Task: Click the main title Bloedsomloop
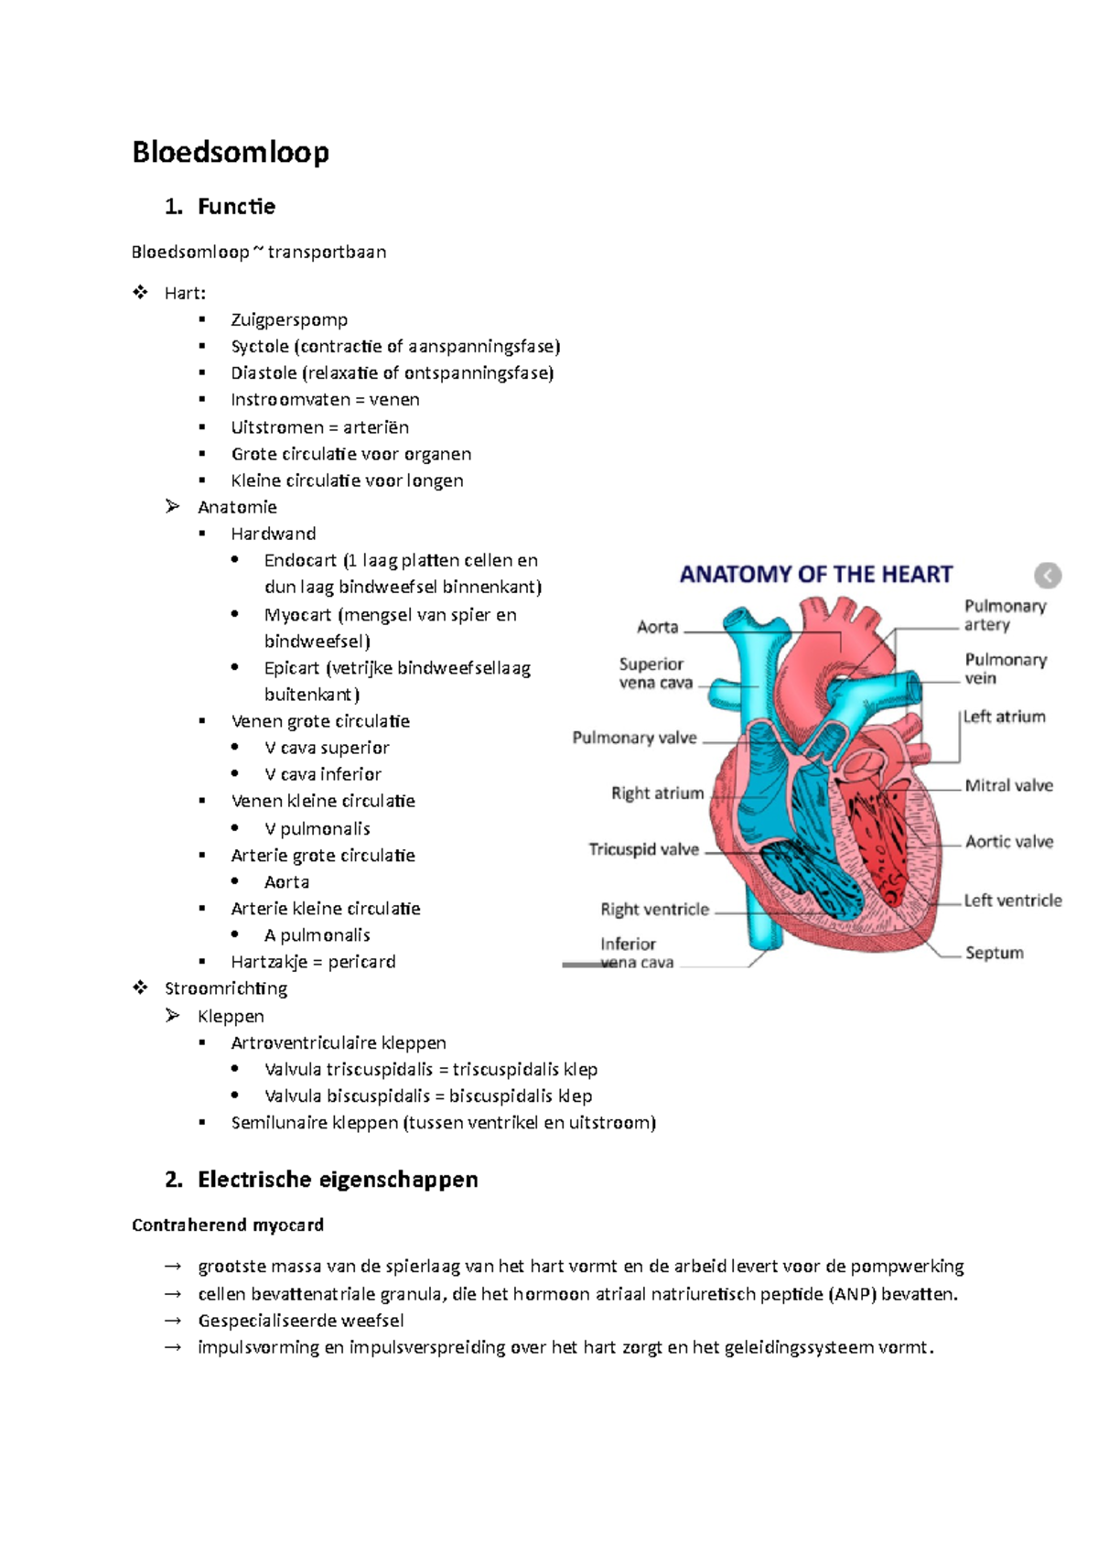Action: [231, 152]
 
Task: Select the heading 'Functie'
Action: [236, 207]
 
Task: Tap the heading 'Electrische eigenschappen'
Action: [338, 1180]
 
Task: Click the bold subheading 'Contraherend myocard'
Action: [228, 1225]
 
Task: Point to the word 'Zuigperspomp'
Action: [289, 319]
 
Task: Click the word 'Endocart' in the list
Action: [300, 560]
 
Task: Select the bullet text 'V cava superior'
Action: [327, 748]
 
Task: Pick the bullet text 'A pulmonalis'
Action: [317, 934]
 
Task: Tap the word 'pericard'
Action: [361, 961]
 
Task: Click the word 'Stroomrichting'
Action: [226, 988]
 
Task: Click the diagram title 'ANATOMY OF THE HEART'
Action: [816, 575]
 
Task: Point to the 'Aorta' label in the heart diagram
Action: [658, 627]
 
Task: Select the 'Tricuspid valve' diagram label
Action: [644, 849]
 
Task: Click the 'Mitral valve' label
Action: [1008, 785]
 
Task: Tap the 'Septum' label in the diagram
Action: [994, 953]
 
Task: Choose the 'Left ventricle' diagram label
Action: [1012, 901]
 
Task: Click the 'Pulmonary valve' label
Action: [634, 738]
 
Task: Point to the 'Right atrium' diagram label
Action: [657, 793]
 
